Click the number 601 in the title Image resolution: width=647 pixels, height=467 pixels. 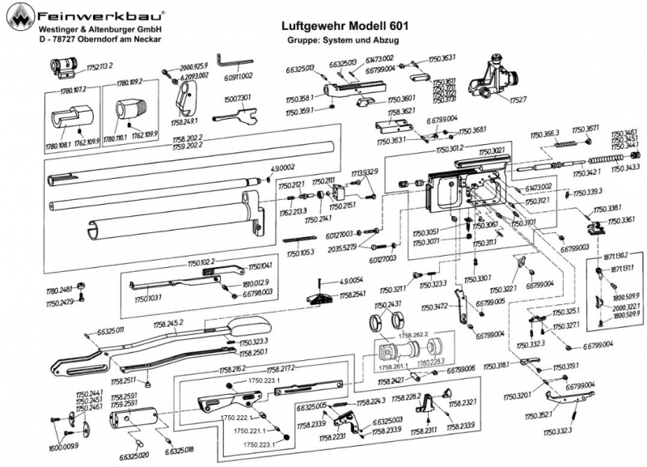point(396,26)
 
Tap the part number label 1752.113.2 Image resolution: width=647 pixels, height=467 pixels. point(95,64)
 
